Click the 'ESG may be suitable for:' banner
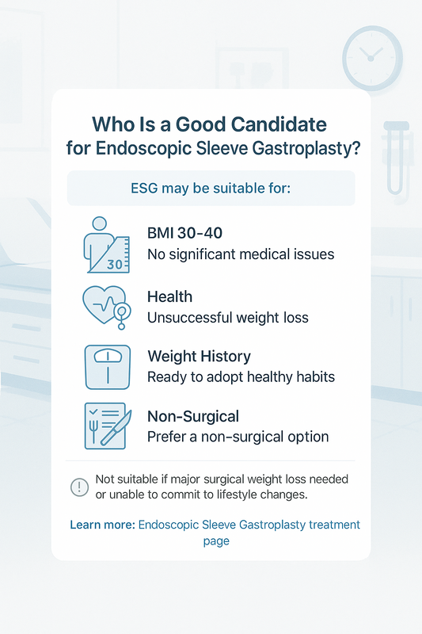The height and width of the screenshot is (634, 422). point(211,189)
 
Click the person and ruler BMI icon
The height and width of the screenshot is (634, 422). point(106,243)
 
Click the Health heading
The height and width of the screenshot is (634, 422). point(169,296)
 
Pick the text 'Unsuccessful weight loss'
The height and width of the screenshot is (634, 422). point(228,318)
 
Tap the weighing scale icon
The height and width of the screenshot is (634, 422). point(107,366)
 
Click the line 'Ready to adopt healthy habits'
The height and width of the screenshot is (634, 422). point(241,377)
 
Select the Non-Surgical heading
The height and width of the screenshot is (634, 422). point(193,416)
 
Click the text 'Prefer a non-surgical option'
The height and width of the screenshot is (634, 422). point(238,437)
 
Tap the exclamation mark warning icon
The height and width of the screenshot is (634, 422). point(80,487)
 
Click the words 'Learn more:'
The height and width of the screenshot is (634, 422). point(102,525)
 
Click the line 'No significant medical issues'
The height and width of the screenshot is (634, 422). point(241,255)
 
